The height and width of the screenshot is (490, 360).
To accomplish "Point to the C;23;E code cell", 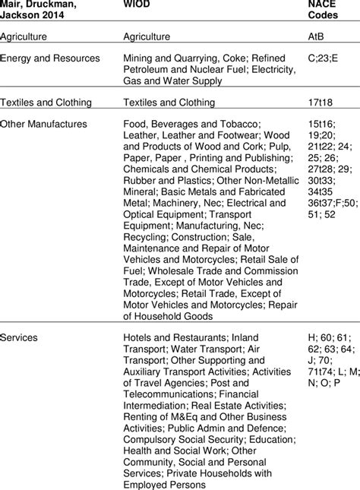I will pos(314,58).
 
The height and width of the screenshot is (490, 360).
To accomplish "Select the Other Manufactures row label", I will pos(43,124).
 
